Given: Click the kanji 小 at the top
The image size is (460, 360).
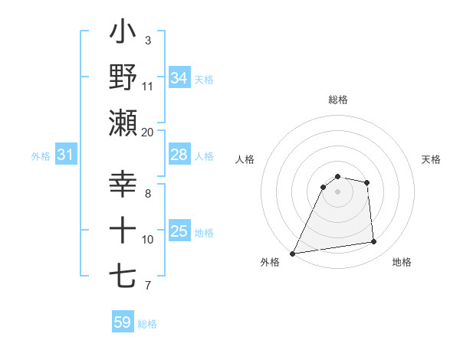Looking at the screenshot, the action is (123, 35).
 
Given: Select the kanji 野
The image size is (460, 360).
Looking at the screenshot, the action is (123, 79).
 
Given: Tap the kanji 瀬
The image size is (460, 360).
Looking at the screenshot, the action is (123, 123).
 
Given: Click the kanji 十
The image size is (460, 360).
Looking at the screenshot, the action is (123, 229).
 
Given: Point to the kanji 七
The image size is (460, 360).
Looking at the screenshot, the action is (123, 274).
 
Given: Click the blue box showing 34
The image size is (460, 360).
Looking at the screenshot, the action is (179, 77).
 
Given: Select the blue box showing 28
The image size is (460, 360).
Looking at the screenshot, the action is (179, 155).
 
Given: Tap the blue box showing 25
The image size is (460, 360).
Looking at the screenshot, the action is (179, 231).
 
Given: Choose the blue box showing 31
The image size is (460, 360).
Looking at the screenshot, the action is (65, 155).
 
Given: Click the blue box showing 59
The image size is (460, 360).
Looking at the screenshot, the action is (122, 322).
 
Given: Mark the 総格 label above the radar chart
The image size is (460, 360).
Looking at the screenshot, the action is (337, 100).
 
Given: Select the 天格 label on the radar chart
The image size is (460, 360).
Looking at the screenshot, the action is (432, 159).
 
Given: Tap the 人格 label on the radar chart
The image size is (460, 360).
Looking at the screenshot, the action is (245, 159).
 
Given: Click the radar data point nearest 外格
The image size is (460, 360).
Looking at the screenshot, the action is (292, 253).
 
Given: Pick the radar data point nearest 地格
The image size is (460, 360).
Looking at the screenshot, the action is (374, 242).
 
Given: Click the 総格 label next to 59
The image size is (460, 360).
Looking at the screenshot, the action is (147, 324).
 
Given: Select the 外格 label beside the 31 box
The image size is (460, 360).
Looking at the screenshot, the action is (41, 156).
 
